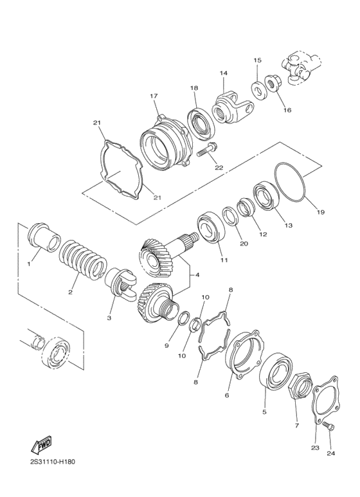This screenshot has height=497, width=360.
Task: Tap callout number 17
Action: click(x=154, y=96)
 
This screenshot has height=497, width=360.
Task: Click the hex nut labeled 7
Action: click(x=298, y=388)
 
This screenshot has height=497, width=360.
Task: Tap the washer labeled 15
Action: click(x=257, y=89)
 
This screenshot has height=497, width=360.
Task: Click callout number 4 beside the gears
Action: click(x=197, y=275)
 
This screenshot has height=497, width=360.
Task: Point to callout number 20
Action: click(x=243, y=244)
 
